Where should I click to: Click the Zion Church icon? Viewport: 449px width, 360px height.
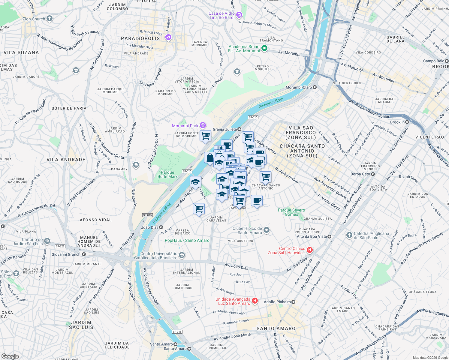(50, 19)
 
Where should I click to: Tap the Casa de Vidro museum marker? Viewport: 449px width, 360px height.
(239, 15)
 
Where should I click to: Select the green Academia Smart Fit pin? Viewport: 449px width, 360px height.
(264, 48)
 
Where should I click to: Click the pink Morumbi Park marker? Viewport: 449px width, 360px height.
(203, 125)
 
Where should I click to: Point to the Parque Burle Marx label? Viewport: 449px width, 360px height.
(167, 174)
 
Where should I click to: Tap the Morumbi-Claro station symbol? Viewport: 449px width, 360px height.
(315, 87)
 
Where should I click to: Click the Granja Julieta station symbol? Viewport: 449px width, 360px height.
(239, 129)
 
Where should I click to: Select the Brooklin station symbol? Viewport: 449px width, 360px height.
(407, 122)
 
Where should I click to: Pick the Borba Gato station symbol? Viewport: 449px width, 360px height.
(373, 174)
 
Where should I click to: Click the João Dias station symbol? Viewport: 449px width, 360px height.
(161, 227)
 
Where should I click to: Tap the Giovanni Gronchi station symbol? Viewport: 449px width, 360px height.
(84, 254)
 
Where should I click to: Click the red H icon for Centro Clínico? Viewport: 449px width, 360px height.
(310, 250)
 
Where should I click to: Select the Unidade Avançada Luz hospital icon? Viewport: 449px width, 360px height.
(255, 301)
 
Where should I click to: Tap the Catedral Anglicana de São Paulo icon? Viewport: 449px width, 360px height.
(349, 235)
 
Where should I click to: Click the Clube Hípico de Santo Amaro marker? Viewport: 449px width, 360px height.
(267, 230)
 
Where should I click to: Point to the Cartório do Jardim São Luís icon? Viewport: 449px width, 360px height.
(47, 241)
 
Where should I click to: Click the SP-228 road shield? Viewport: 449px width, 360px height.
(60, 246)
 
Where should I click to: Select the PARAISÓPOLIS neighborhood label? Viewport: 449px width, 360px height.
(140, 38)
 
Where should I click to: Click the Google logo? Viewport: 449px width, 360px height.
(10, 356)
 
